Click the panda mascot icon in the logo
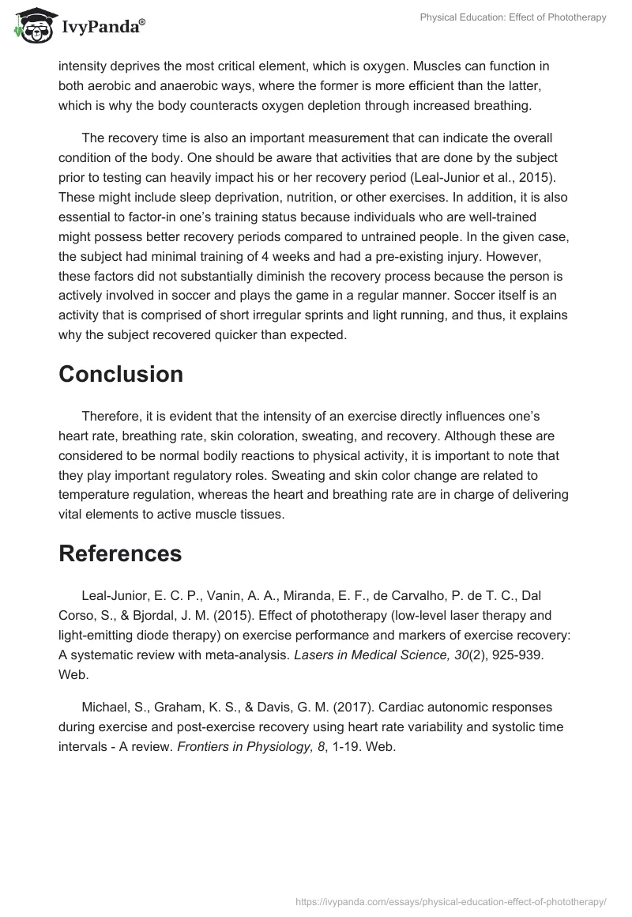click(30, 25)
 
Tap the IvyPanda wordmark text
click(103, 27)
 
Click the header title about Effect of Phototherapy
click(514, 17)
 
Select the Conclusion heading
click(121, 374)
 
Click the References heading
click(120, 554)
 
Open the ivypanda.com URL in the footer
click(450, 900)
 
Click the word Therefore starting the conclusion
click(116, 417)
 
